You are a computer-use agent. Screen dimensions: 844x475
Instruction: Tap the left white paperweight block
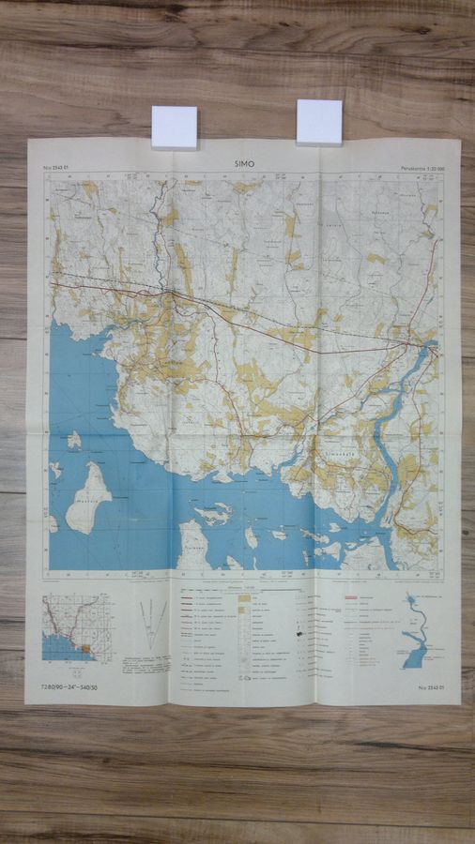click(x=175, y=127)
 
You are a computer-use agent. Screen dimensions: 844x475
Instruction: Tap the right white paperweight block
click(x=319, y=122)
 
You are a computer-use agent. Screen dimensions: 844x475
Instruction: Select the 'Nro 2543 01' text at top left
click(x=57, y=170)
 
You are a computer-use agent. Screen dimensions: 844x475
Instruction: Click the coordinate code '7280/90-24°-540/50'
click(x=69, y=687)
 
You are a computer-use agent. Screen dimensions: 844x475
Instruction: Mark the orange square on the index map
click(x=85, y=648)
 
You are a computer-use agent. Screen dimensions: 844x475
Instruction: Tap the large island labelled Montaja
click(x=89, y=497)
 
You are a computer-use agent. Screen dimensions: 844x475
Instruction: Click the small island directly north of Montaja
click(x=74, y=440)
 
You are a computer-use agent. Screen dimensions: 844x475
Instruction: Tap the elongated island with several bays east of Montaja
click(x=213, y=514)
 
